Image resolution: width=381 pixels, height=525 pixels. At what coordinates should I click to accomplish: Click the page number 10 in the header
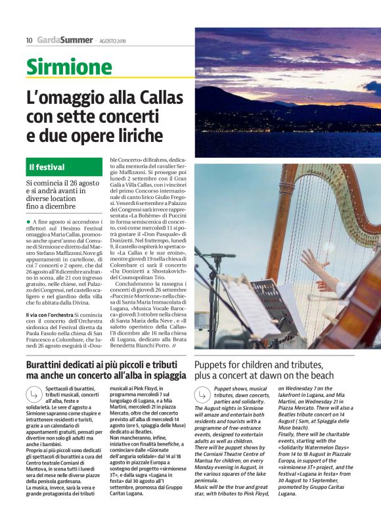click(30, 40)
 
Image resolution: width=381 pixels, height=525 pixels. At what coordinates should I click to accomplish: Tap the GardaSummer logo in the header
click(64, 40)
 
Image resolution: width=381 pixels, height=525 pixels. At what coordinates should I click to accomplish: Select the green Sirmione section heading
click(69, 67)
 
